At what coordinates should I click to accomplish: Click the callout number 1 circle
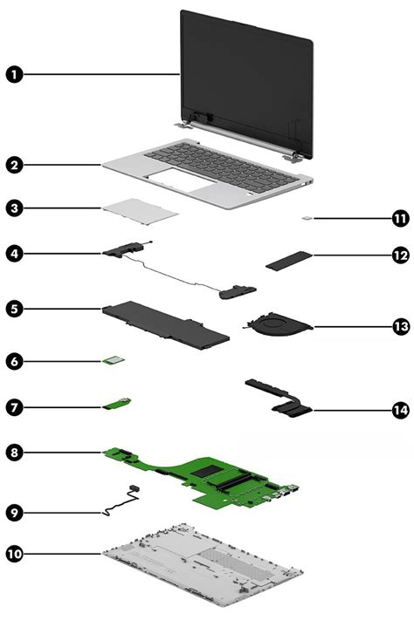[14, 75]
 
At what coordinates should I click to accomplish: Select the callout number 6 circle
[14, 359]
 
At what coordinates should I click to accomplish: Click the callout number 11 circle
[400, 217]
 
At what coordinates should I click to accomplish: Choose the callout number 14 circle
[400, 408]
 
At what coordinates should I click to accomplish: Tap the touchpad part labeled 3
[141, 208]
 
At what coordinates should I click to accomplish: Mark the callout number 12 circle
[400, 255]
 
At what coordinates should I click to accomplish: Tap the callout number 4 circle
[14, 253]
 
